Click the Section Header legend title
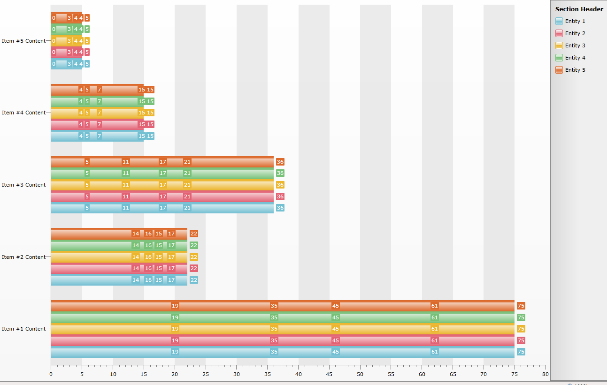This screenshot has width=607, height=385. pyautogui.click(x=579, y=9)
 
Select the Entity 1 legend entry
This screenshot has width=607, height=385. pyautogui.click(x=575, y=21)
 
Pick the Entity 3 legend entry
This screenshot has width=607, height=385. pyautogui.click(x=575, y=45)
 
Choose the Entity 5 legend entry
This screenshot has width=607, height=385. pyautogui.click(x=575, y=70)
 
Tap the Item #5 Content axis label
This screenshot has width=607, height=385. pyautogui.click(x=24, y=41)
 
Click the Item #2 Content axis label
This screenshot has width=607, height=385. pyautogui.click(x=24, y=257)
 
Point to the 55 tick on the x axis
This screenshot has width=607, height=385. pyautogui.click(x=391, y=374)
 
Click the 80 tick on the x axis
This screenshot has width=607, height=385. pyautogui.click(x=545, y=374)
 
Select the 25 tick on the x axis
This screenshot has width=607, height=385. pyautogui.click(x=206, y=374)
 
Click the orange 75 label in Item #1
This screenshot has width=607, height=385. pyautogui.click(x=521, y=306)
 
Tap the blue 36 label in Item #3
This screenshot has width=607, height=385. pyautogui.click(x=280, y=208)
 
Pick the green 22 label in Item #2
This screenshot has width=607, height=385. pyautogui.click(x=193, y=245)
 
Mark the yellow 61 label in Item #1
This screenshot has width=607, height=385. pyautogui.click(x=435, y=329)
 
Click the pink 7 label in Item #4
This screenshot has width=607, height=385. pyautogui.click(x=99, y=124)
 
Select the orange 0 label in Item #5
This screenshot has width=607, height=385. pyautogui.click(x=54, y=18)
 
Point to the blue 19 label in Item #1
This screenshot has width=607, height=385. pyautogui.click(x=175, y=352)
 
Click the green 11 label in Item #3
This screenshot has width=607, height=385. pyautogui.click(x=125, y=173)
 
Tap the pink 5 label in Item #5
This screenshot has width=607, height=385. pyautogui.click(x=87, y=52)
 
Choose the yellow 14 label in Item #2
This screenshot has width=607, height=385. pyautogui.click(x=136, y=257)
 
